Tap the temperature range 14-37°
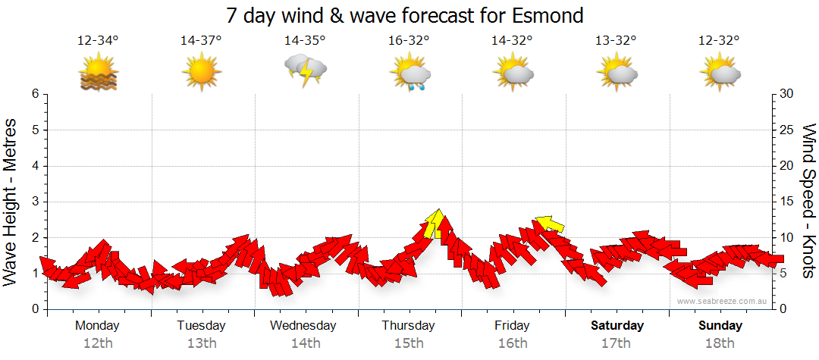point(201,41)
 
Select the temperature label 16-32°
point(409,41)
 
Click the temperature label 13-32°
point(616,41)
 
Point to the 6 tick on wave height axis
point(35,94)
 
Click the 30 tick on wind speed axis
point(786,94)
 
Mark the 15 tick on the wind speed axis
point(786,202)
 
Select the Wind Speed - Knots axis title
point(808,202)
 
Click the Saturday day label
point(617,326)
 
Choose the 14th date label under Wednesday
point(305,343)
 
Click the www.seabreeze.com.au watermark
point(723,301)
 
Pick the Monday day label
point(97,326)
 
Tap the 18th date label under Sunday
point(720,343)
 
